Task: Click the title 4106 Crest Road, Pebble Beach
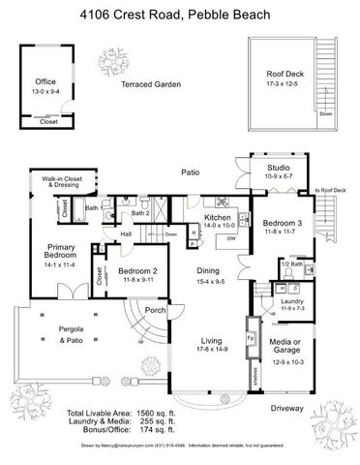(x=180, y=12)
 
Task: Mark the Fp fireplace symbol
(x=249, y=340)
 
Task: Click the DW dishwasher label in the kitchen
(x=231, y=238)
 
